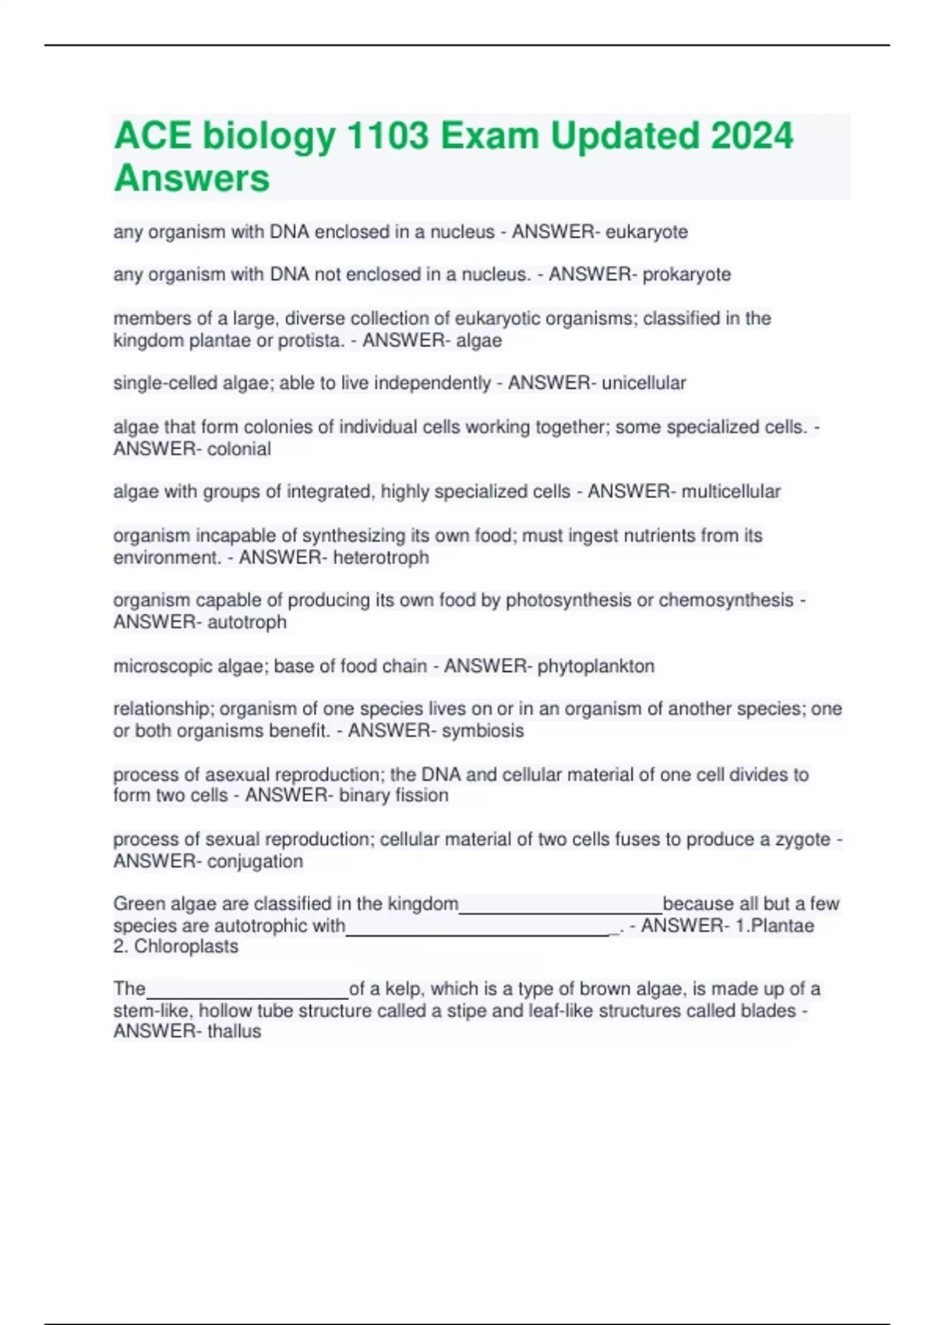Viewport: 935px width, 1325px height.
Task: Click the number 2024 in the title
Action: click(x=752, y=136)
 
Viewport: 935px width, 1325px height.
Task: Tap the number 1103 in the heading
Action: click(x=386, y=136)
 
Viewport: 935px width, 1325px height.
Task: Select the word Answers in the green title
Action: click(x=192, y=178)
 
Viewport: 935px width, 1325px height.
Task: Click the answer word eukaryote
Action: click(x=647, y=231)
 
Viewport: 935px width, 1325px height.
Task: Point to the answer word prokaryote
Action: click(x=686, y=274)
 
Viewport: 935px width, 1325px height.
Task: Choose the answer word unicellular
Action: click(x=644, y=383)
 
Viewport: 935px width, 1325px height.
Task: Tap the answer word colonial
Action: click(x=238, y=449)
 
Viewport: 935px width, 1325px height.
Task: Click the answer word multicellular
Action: click(x=731, y=491)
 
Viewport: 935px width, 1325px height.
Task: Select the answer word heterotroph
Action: click(x=380, y=557)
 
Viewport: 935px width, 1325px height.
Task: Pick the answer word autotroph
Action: click(x=246, y=622)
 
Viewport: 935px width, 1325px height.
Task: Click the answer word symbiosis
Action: click(x=482, y=730)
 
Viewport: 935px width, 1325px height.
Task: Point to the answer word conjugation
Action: click(x=255, y=861)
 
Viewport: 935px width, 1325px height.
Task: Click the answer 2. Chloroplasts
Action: click(x=176, y=946)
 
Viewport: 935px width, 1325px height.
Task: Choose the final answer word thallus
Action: click(x=234, y=1031)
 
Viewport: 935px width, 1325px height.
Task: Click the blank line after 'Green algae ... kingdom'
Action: click(x=560, y=908)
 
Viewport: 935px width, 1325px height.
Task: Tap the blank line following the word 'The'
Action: click(x=247, y=993)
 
